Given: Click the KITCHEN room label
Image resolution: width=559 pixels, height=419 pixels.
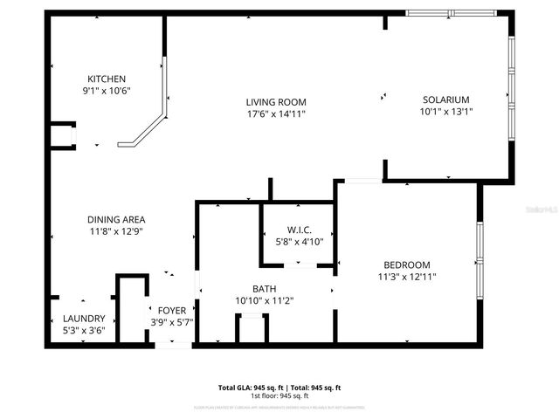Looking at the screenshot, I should pyautogui.click(x=106, y=79).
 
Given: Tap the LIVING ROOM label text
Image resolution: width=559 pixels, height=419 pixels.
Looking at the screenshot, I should pyautogui.click(x=275, y=102).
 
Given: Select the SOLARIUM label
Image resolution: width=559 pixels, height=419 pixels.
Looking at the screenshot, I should pyautogui.click(x=446, y=100).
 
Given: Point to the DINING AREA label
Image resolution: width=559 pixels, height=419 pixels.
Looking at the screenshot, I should pyautogui.click(x=116, y=219).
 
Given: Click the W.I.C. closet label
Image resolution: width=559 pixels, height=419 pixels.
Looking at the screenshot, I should pyautogui.click(x=299, y=230).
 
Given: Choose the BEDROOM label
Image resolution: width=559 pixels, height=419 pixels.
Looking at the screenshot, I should pyautogui.click(x=406, y=264).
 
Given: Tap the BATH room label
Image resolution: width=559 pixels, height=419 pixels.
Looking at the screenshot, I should pyautogui.click(x=265, y=288).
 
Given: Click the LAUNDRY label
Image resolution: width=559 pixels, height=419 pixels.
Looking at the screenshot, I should pyautogui.click(x=84, y=319).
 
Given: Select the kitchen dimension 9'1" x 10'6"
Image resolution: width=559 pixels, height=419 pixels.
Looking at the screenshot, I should pyautogui.click(x=106, y=91).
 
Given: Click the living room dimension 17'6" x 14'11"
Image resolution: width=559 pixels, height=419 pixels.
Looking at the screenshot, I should pyautogui.click(x=275, y=113).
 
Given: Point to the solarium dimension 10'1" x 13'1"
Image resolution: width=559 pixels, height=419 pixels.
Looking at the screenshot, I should pyautogui.click(x=446, y=111).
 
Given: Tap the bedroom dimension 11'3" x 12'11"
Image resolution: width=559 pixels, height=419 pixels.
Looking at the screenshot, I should pyautogui.click(x=406, y=276).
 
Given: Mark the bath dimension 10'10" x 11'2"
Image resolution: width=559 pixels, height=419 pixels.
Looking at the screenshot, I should pyautogui.click(x=265, y=300).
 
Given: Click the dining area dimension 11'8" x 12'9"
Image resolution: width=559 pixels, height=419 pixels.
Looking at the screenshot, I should pyautogui.click(x=116, y=231).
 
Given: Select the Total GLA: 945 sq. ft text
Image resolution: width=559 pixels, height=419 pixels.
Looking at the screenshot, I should pyautogui.click(x=249, y=387).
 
